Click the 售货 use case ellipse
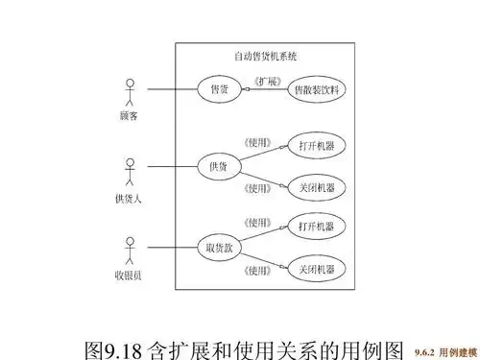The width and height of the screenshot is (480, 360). click(220, 89)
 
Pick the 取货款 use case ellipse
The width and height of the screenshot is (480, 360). click(219, 247)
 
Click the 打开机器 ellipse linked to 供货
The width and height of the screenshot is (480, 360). click(316, 147)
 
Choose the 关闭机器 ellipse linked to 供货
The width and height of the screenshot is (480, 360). click(316, 187)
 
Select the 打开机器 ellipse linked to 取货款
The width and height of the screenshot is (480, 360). click(316, 227)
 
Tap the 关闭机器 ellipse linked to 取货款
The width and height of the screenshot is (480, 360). click(316, 269)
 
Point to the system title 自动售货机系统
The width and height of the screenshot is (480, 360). click(266, 56)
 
